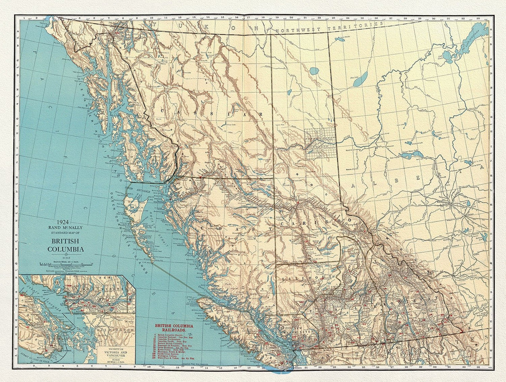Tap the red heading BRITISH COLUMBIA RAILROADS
pyautogui.click(x=174, y=327)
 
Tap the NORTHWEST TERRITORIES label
pyautogui.click(x=329, y=28)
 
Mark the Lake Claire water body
pyautogui.click(x=446, y=55)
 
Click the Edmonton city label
pyautogui.click(x=444, y=202)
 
